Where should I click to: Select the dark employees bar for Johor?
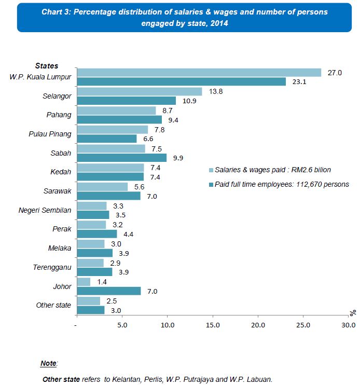[108, 291]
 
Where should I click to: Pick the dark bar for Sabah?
[122, 157]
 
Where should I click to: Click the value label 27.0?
[335, 73]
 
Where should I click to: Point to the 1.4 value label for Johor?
[102, 282]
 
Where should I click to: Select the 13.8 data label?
[216, 91]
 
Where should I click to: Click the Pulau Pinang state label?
[50, 134]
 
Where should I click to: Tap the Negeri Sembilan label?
[45, 210]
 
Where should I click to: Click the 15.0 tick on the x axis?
[213, 325]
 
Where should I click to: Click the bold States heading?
[47, 66]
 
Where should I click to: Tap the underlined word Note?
[49, 363]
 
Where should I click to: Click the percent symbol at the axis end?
[353, 312]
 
